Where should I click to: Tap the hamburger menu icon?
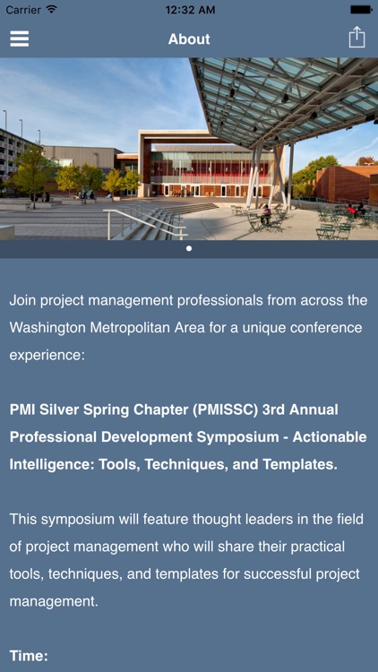pyautogui.click(x=19, y=39)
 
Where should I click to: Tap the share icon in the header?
pyautogui.click(x=357, y=38)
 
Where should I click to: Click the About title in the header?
pyautogui.click(x=189, y=39)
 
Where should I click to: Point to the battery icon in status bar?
pyautogui.click(x=361, y=10)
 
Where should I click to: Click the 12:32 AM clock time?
pyautogui.click(x=189, y=10)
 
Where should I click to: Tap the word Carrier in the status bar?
pyautogui.click(x=23, y=10)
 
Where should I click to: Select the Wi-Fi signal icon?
pyautogui.click(x=52, y=10)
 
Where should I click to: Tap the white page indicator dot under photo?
pyautogui.click(x=189, y=248)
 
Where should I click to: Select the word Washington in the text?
pyautogui.click(x=51, y=328)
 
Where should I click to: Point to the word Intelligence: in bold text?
pyautogui.click(x=53, y=465)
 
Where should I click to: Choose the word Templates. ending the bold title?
pyautogui.click(x=296, y=465)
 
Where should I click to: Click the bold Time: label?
pyautogui.click(x=29, y=656)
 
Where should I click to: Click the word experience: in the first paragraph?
pyautogui.click(x=47, y=355)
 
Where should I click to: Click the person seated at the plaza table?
pyautogui.click(x=265, y=214)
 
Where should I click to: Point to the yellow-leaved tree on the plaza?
pyautogui.click(x=34, y=173)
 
